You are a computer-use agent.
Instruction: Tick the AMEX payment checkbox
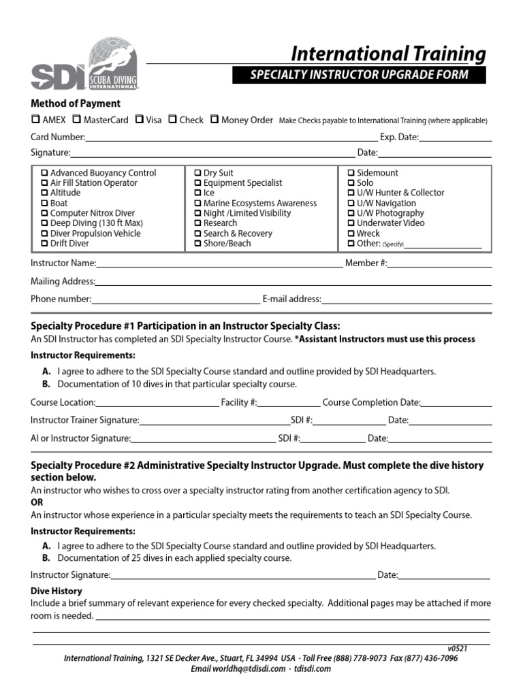pos(35,119)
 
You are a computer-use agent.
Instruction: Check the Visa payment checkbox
pos(140,119)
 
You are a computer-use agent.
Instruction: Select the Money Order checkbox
pos(215,119)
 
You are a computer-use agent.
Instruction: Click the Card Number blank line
pos(232,138)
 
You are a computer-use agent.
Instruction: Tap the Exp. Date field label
pos(399,137)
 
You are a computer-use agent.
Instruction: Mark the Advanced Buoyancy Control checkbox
pos(45,173)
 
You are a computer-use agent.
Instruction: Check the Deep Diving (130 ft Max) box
pos(45,223)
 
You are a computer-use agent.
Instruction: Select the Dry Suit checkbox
pos(197,173)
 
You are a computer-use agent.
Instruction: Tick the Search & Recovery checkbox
pos(197,233)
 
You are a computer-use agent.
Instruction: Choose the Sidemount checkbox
pos(351,173)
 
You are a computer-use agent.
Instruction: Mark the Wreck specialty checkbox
pos(351,233)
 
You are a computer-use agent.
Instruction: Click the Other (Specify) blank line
pos(443,245)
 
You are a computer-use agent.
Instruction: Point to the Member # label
pos(366,263)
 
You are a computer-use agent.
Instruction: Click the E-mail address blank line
pos(407,300)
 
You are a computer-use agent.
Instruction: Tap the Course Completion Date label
pos(371,402)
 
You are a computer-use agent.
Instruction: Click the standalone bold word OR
pos(37,502)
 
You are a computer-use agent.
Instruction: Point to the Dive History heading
pos(56,591)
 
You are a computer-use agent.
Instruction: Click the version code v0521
pos(457,649)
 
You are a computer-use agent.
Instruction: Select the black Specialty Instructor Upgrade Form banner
pos(359,75)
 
